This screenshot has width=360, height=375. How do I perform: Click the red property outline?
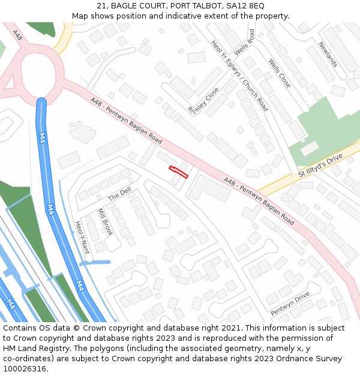tap(179, 172)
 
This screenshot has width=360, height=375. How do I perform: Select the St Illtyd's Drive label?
tap(320, 166)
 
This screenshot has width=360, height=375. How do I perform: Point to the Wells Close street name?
tap(280, 73)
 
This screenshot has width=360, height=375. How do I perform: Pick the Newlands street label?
tap(328, 54)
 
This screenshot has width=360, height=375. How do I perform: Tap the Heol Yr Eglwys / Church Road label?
tap(239, 76)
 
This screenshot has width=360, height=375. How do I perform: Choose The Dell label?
tap(119, 194)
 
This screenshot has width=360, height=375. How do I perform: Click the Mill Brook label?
tap(105, 222)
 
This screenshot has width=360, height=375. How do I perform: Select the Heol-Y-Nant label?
tap(82, 238)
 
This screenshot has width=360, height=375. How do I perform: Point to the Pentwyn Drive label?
tap(290, 304)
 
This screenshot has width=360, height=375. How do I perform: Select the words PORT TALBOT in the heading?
tap(193, 6)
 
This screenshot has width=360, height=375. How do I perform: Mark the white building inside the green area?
tap(310, 148)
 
